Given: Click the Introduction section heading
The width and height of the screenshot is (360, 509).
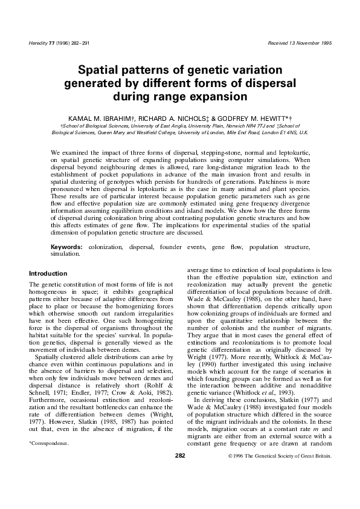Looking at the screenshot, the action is [x=48, y=274].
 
